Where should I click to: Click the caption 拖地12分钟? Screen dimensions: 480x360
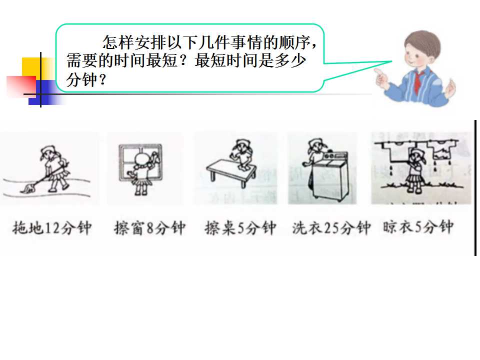52,228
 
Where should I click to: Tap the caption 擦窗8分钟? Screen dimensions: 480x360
149,228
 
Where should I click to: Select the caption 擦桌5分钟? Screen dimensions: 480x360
240,228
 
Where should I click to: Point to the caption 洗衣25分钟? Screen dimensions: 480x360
331,228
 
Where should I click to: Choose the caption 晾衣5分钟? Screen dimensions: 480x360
418,227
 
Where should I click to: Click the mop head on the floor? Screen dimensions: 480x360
27,189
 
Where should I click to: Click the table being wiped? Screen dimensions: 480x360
231,172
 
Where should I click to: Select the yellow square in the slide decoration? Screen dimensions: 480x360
34,68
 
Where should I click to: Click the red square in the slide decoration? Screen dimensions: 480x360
21,86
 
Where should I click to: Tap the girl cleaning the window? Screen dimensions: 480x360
141,174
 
